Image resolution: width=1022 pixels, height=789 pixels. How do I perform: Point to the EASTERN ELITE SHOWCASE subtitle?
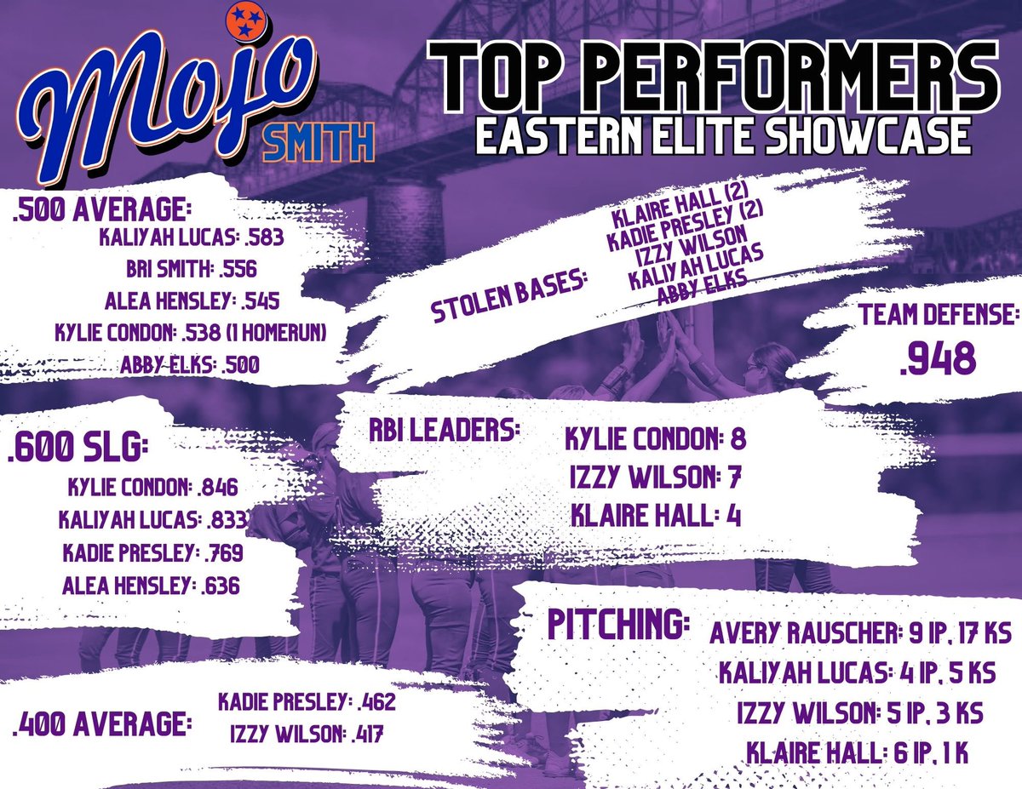point(723,136)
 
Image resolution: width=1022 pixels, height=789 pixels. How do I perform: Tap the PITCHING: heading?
point(617,626)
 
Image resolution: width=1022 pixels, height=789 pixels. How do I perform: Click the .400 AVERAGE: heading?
point(100,725)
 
